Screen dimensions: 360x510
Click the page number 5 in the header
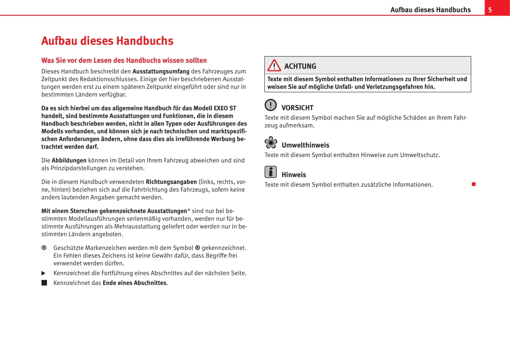tap(490, 10)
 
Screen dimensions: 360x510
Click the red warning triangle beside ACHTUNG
tap(274, 66)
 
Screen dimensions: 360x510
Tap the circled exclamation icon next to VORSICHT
tap(270, 105)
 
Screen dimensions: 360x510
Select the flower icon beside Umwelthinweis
tap(271, 142)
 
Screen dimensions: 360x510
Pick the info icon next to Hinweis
tap(270, 172)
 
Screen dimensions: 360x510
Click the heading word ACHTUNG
tap(300, 66)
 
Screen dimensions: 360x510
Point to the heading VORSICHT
tap(297, 108)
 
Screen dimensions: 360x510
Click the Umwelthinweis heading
tap(305, 145)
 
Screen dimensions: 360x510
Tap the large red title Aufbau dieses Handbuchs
tap(107, 41)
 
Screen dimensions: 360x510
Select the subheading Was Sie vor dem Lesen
tap(124, 60)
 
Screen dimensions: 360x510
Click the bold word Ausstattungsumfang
tap(161, 71)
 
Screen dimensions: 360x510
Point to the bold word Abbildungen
tap(69, 160)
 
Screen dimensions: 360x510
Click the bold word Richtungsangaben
tap(171, 182)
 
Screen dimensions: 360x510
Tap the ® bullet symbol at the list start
tap(44, 248)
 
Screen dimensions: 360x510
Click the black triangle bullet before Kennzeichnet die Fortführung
tap(43, 273)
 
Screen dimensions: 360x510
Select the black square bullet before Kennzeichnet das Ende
tap(44, 283)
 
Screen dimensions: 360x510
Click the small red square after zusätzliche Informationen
tap(473, 184)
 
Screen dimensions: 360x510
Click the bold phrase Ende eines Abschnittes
tap(134, 283)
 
